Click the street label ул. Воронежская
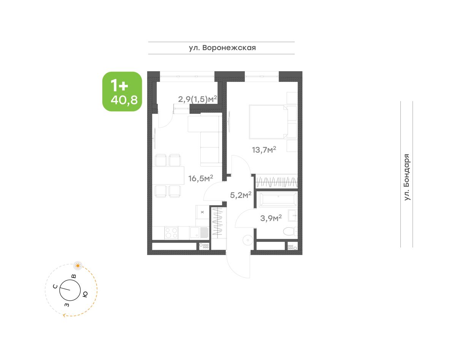(x=222, y=48)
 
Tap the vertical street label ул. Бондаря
(x=407, y=177)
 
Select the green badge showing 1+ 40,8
(x=122, y=92)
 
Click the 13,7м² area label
(x=264, y=150)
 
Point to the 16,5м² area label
(x=200, y=178)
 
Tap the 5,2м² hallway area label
(x=241, y=195)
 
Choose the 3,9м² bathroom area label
(x=271, y=218)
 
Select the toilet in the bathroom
(x=290, y=231)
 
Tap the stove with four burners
(x=171, y=233)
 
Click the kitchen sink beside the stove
(x=199, y=233)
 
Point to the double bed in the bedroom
(x=268, y=122)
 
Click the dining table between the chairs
(x=168, y=175)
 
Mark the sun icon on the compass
(x=78, y=266)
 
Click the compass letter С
(x=55, y=287)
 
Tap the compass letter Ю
(x=85, y=294)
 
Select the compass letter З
(x=67, y=305)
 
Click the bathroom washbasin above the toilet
(x=293, y=216)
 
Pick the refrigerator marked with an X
(x=202, y=212)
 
